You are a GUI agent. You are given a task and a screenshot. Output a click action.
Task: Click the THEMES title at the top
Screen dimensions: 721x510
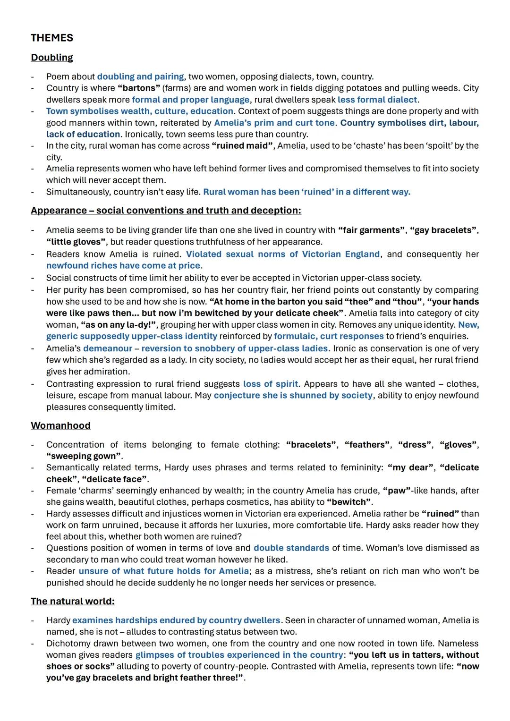coord(52,38)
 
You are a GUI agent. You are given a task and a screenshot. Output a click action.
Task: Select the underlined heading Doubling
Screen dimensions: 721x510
coord(52,58)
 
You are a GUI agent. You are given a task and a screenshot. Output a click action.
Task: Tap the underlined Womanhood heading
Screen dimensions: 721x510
coord(60,425)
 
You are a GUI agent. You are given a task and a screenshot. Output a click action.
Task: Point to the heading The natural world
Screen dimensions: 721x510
coord(72,601)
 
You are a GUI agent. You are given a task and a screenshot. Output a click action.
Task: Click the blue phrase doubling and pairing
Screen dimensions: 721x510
coord(140,76)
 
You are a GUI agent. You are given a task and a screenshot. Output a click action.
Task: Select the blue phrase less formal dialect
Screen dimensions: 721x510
coord(377,100)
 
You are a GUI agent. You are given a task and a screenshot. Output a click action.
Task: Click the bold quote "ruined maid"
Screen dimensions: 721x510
coord(242,146)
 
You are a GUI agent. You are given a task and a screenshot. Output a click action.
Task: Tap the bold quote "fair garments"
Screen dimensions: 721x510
coord(372,230)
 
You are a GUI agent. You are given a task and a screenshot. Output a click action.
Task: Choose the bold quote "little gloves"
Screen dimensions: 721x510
coord(76,242)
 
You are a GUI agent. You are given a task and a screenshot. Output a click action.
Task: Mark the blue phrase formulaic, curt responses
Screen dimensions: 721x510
coord(329,336)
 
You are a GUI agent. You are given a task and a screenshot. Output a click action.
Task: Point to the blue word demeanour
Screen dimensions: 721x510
coord(108,348)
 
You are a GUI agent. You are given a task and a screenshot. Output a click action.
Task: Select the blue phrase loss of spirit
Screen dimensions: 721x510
coord(271,384)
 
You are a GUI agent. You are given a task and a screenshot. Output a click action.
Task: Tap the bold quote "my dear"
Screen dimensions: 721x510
coord(410,467)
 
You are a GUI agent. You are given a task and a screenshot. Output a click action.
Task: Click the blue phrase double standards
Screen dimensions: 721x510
coord(291,548)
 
